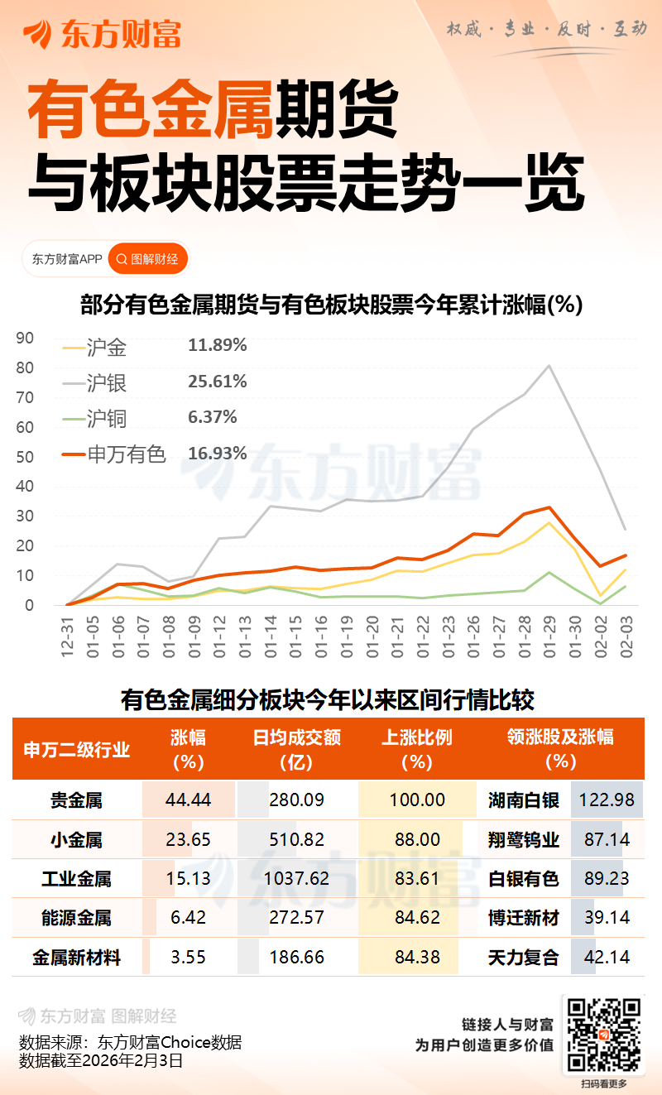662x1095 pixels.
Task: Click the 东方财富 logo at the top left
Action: [x=101, y=34]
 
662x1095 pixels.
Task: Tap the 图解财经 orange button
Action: [x=148, y=259]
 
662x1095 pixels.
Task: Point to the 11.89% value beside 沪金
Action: [x=218, y=345]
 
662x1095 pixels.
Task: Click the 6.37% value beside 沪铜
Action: [x=213, y=417]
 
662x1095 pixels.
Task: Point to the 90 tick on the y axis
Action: [x=25, y=338]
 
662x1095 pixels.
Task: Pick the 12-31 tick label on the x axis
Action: [x=67, y=636]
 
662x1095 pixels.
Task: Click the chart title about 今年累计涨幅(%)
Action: [x=331, y=305]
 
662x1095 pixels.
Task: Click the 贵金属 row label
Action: [x=76, y=800]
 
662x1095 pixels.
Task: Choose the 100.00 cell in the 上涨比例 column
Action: [x=418, y=800]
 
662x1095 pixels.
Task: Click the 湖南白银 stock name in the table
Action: [x=524, y=800]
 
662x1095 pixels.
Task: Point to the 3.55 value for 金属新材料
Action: [x=189, y=958]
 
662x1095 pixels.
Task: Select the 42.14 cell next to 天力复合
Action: [x=607, y=958]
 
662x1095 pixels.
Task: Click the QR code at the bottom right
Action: [x=603, y=1034]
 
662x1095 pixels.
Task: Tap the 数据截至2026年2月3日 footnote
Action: [x=100, y=1060]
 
